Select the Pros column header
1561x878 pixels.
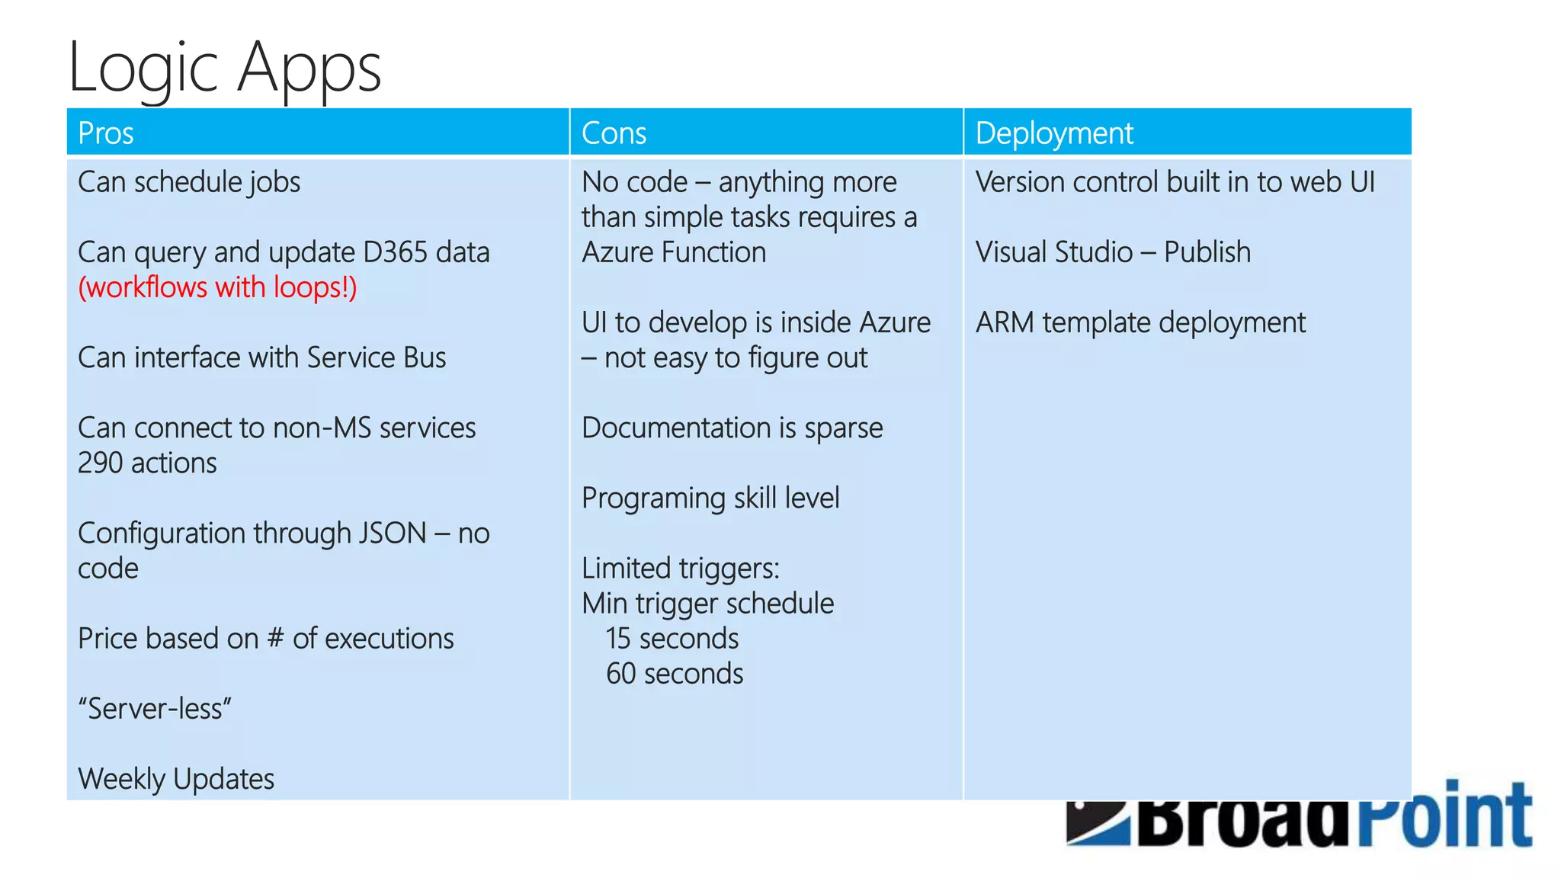click(x=106, y=133)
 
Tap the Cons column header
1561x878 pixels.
click(x=614, y=133)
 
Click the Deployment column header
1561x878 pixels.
click(x=1054, y=133)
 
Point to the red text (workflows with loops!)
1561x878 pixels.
click(x=217, y=288)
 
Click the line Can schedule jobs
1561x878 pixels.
click(x=189, y=183)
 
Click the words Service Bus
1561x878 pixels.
click(x=377, y=357)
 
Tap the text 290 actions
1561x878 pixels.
click(x=147, y=463)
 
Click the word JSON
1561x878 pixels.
click(x=392, y=534)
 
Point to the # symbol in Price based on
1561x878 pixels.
click(x=275, y=639)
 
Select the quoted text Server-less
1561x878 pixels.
click(x=155, y=709)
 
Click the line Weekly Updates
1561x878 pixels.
click(x=176, y=779)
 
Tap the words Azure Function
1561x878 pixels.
click(x=674, y=252)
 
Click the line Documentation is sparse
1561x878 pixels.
click(x=732, y=428)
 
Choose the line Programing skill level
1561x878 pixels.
click(x=710, y=498)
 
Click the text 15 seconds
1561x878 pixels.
click(x=672, y=639)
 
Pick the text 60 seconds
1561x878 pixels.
click(x=675, y=674)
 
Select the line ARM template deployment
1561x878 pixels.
click(x=1140, y=323)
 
